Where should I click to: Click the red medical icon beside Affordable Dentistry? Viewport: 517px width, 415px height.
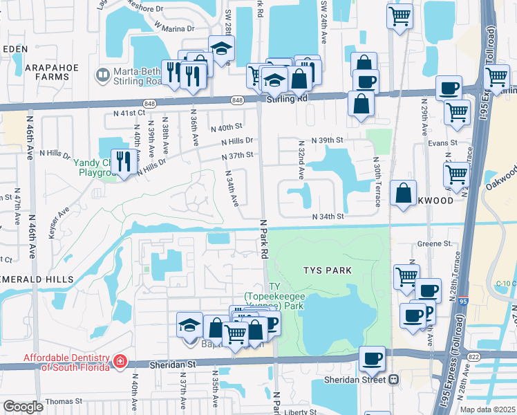[120, 361]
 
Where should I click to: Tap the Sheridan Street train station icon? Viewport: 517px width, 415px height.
[393, 380]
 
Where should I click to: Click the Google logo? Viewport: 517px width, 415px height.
[23, 406]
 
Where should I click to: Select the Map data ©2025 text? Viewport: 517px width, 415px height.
[487, 409]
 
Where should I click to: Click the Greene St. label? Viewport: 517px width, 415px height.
[434, 243]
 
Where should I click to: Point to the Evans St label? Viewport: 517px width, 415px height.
[442, 142]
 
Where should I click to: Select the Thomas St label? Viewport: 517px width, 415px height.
[64, 401]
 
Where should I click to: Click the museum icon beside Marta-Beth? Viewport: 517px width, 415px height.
[103, 73]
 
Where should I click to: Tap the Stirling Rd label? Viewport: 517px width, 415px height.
[287, 99]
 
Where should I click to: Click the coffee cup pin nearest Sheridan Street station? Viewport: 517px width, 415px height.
[372, 358]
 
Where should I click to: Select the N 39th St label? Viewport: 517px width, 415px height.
[328, 140]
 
